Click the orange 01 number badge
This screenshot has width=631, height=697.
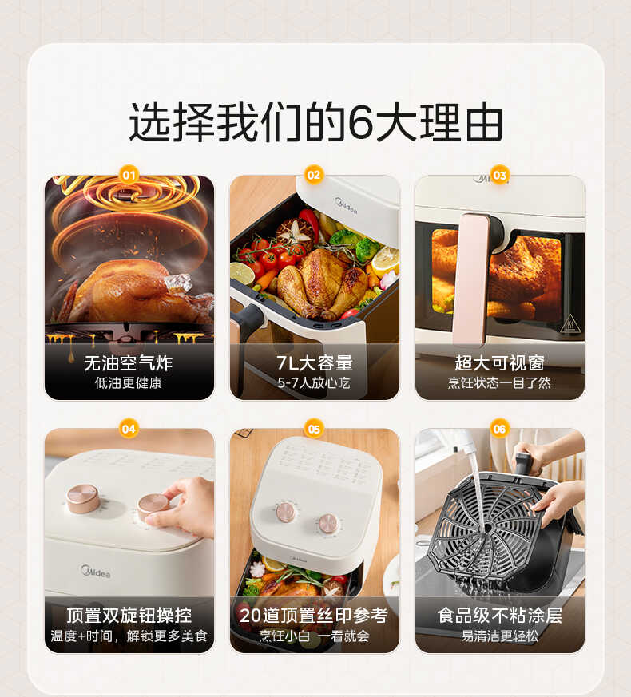coord(129,175)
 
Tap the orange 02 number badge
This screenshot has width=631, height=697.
coord(314,175)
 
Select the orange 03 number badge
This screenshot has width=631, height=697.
coord(500,175)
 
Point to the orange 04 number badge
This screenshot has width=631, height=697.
coord(129,429)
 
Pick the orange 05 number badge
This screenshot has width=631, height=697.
coord(314,429)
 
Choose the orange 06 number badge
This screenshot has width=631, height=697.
coord(500,429)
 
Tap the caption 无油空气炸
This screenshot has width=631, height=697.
coord(129,364)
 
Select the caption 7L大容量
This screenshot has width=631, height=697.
coord(314,364)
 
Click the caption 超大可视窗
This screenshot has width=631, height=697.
coord(500,364)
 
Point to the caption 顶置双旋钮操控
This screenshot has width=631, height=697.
coord(129,616)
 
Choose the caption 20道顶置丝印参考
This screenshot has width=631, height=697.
coord(314,616)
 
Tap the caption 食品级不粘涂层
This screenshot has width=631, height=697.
coord(500,616)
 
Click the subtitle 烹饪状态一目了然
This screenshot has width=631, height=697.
coord(500,383)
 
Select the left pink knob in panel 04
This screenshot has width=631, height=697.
coord(83,498)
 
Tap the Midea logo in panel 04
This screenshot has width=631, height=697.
coord(96,572)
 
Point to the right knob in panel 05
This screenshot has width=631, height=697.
coord(328,524)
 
